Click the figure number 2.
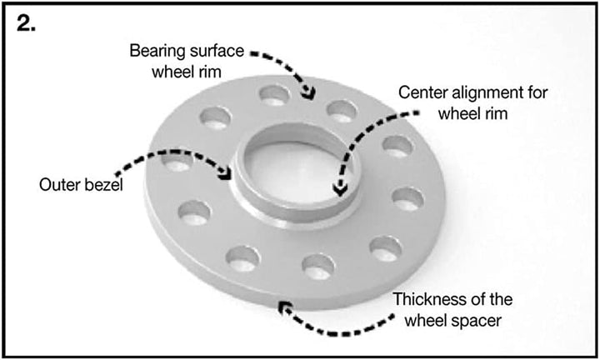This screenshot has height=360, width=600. (x=26, y=23)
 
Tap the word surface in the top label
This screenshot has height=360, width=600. (x=216, y=51)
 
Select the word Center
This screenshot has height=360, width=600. (x=423, y=92)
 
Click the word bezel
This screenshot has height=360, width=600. (x=104, y=185)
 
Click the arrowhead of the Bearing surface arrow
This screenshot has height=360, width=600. (x=309, y=93)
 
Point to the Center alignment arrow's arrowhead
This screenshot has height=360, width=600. (x=340, y=189)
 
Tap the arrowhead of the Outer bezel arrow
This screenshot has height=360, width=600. (x=225, y=173)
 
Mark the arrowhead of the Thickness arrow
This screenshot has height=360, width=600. (x=284, y=307)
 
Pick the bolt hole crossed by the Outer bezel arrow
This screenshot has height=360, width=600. (x=177, y=162)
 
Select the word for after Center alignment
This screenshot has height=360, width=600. (x=538, y=92)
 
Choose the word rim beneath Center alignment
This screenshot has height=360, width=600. (x=497, y=113)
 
